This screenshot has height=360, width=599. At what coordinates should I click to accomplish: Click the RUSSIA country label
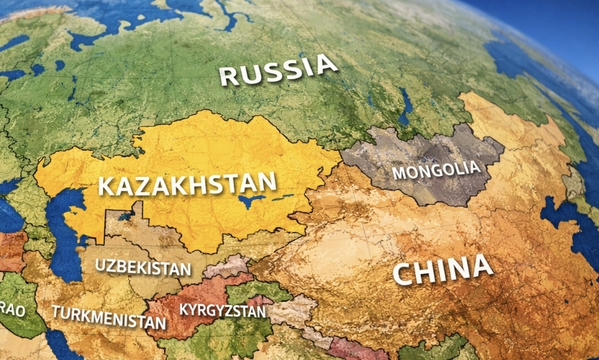coord(278,70)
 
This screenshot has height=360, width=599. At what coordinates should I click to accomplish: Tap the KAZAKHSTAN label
coord(187,184)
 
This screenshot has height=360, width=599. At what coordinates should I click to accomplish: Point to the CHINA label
coord(443,270)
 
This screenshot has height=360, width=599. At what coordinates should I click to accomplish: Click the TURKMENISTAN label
coord(108,316)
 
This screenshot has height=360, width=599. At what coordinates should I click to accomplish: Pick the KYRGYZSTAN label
coord(222,310)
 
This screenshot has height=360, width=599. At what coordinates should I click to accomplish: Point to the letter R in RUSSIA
coord(229,75)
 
